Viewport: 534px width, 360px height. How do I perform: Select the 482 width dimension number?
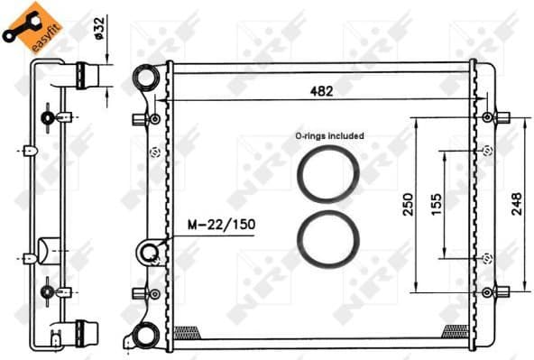[x=322, y=90]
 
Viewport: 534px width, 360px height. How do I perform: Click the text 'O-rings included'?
[x=328, y=135]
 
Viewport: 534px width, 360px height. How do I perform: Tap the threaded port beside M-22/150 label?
[x=149, y=252]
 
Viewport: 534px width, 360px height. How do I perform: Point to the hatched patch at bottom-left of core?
[x=186, y=331]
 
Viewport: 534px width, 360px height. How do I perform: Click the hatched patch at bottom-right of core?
[x=455, y=331]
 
